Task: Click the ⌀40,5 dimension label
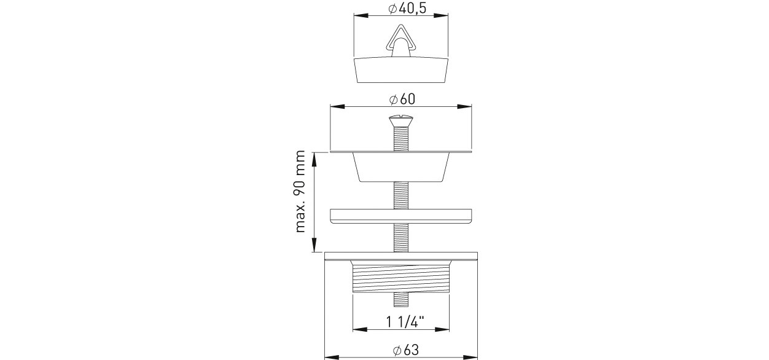click(x=407, y=8)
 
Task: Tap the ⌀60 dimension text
click(x=402, y=99)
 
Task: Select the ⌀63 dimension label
click(x=406, y=350)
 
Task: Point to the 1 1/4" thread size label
click(x=405, y=322)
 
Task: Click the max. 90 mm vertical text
click(x=300, y=191)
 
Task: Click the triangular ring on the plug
click(x=401, y=39)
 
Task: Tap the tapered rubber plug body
click(x=401, y=71)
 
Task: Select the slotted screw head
click(x=401, y=120)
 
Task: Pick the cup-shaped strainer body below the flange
click(x=401, y=167)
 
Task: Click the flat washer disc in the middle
click(x=401, y=216)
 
